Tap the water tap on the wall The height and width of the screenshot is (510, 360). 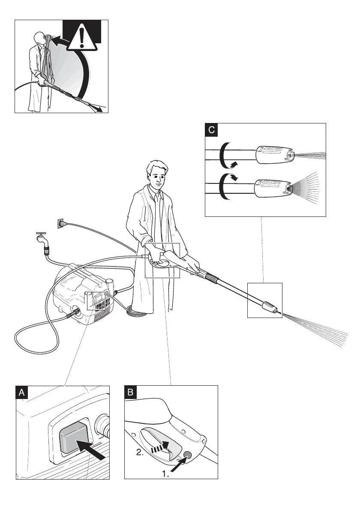pyautogui.click(x=41, y=237)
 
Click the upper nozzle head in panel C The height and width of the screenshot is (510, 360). pyautogui.click(x=275, y=155)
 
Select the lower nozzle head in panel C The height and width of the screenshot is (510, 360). pyautogui.click(x=273, y=189)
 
